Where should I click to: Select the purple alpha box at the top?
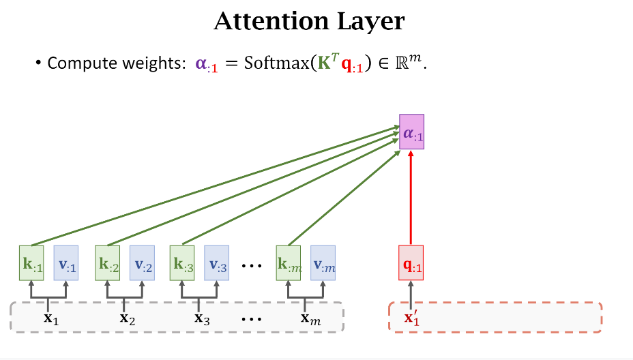coord(411,132)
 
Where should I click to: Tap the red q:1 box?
coord(411,262)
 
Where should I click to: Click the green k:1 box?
coord(32,262)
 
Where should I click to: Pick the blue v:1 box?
coord(66,262)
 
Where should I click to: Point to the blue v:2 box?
coord(143,262)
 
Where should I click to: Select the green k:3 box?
coord(182,262)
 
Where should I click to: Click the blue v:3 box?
coord(217,262)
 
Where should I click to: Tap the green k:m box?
coord(289,262)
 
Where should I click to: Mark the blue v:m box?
coord(323,262)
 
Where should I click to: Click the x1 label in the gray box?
coord(49,317)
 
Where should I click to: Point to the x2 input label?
coord(125,317)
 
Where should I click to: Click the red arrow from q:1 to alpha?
coord(411,198)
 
